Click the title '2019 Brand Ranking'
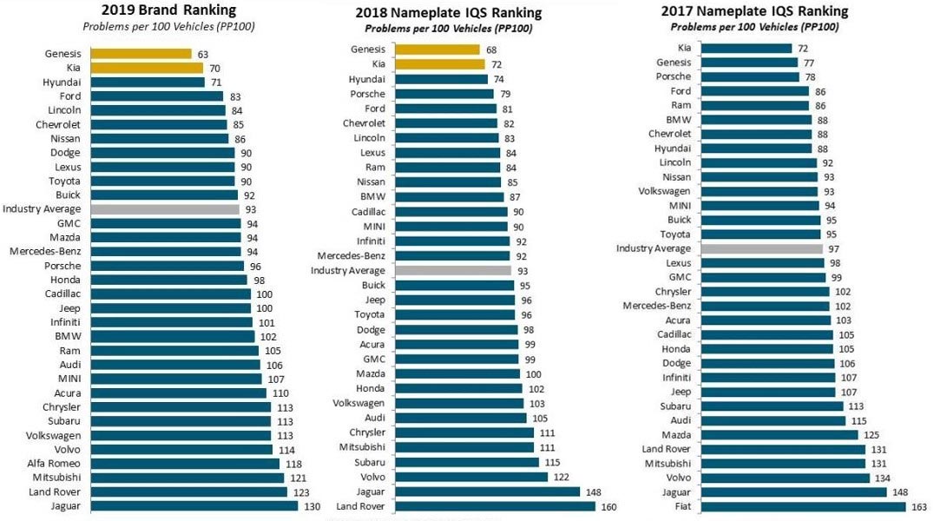pyautogui.click(x=168, y=10)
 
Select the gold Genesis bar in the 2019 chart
pyautogui.click(x=141, y=54)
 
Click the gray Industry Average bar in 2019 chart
pyautogui.click(x=164, y=209)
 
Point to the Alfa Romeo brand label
pyautogui.click(x=54, y=464)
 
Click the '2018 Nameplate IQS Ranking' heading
pyautogui.click(x=448, y=13)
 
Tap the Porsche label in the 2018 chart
pyautogui.click(x=367, y=94)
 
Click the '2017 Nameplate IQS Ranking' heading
pyautogui.click(x=754, y=11)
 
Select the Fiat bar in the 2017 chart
pyautogui.click(x=802, y=505)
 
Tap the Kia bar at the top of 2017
pyautogui.click(x=746, y=48)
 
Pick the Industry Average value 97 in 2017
pyautogui.click(x=833, y=248)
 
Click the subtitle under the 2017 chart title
pyautogui.click(x=754, y=27)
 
